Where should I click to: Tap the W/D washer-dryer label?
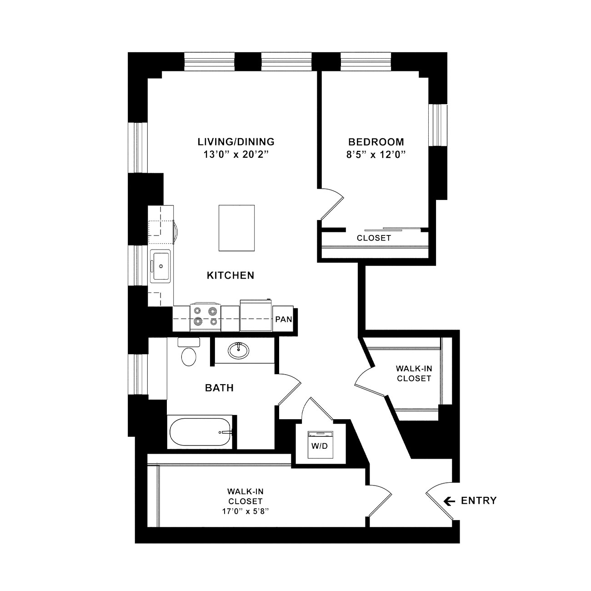coord(320,446)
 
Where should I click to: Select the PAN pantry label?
coord(284,319)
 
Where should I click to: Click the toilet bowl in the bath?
coord(189,357)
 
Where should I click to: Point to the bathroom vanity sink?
coord(238,350)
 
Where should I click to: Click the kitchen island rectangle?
coord(236,228)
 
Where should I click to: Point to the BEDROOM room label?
coord(376,142)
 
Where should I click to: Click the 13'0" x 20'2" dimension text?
coord(236,155)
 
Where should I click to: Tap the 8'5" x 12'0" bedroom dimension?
coord(376,155)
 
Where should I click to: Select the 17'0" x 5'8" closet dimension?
coord(245,511)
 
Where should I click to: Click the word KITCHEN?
coord(230,275)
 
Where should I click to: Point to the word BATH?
coord(219,388)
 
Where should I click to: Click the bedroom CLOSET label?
coord(374,238)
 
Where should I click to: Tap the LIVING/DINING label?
coord(236,142)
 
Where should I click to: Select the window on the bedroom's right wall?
coord(438,125)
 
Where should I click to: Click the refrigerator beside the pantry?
coord(256,316)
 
